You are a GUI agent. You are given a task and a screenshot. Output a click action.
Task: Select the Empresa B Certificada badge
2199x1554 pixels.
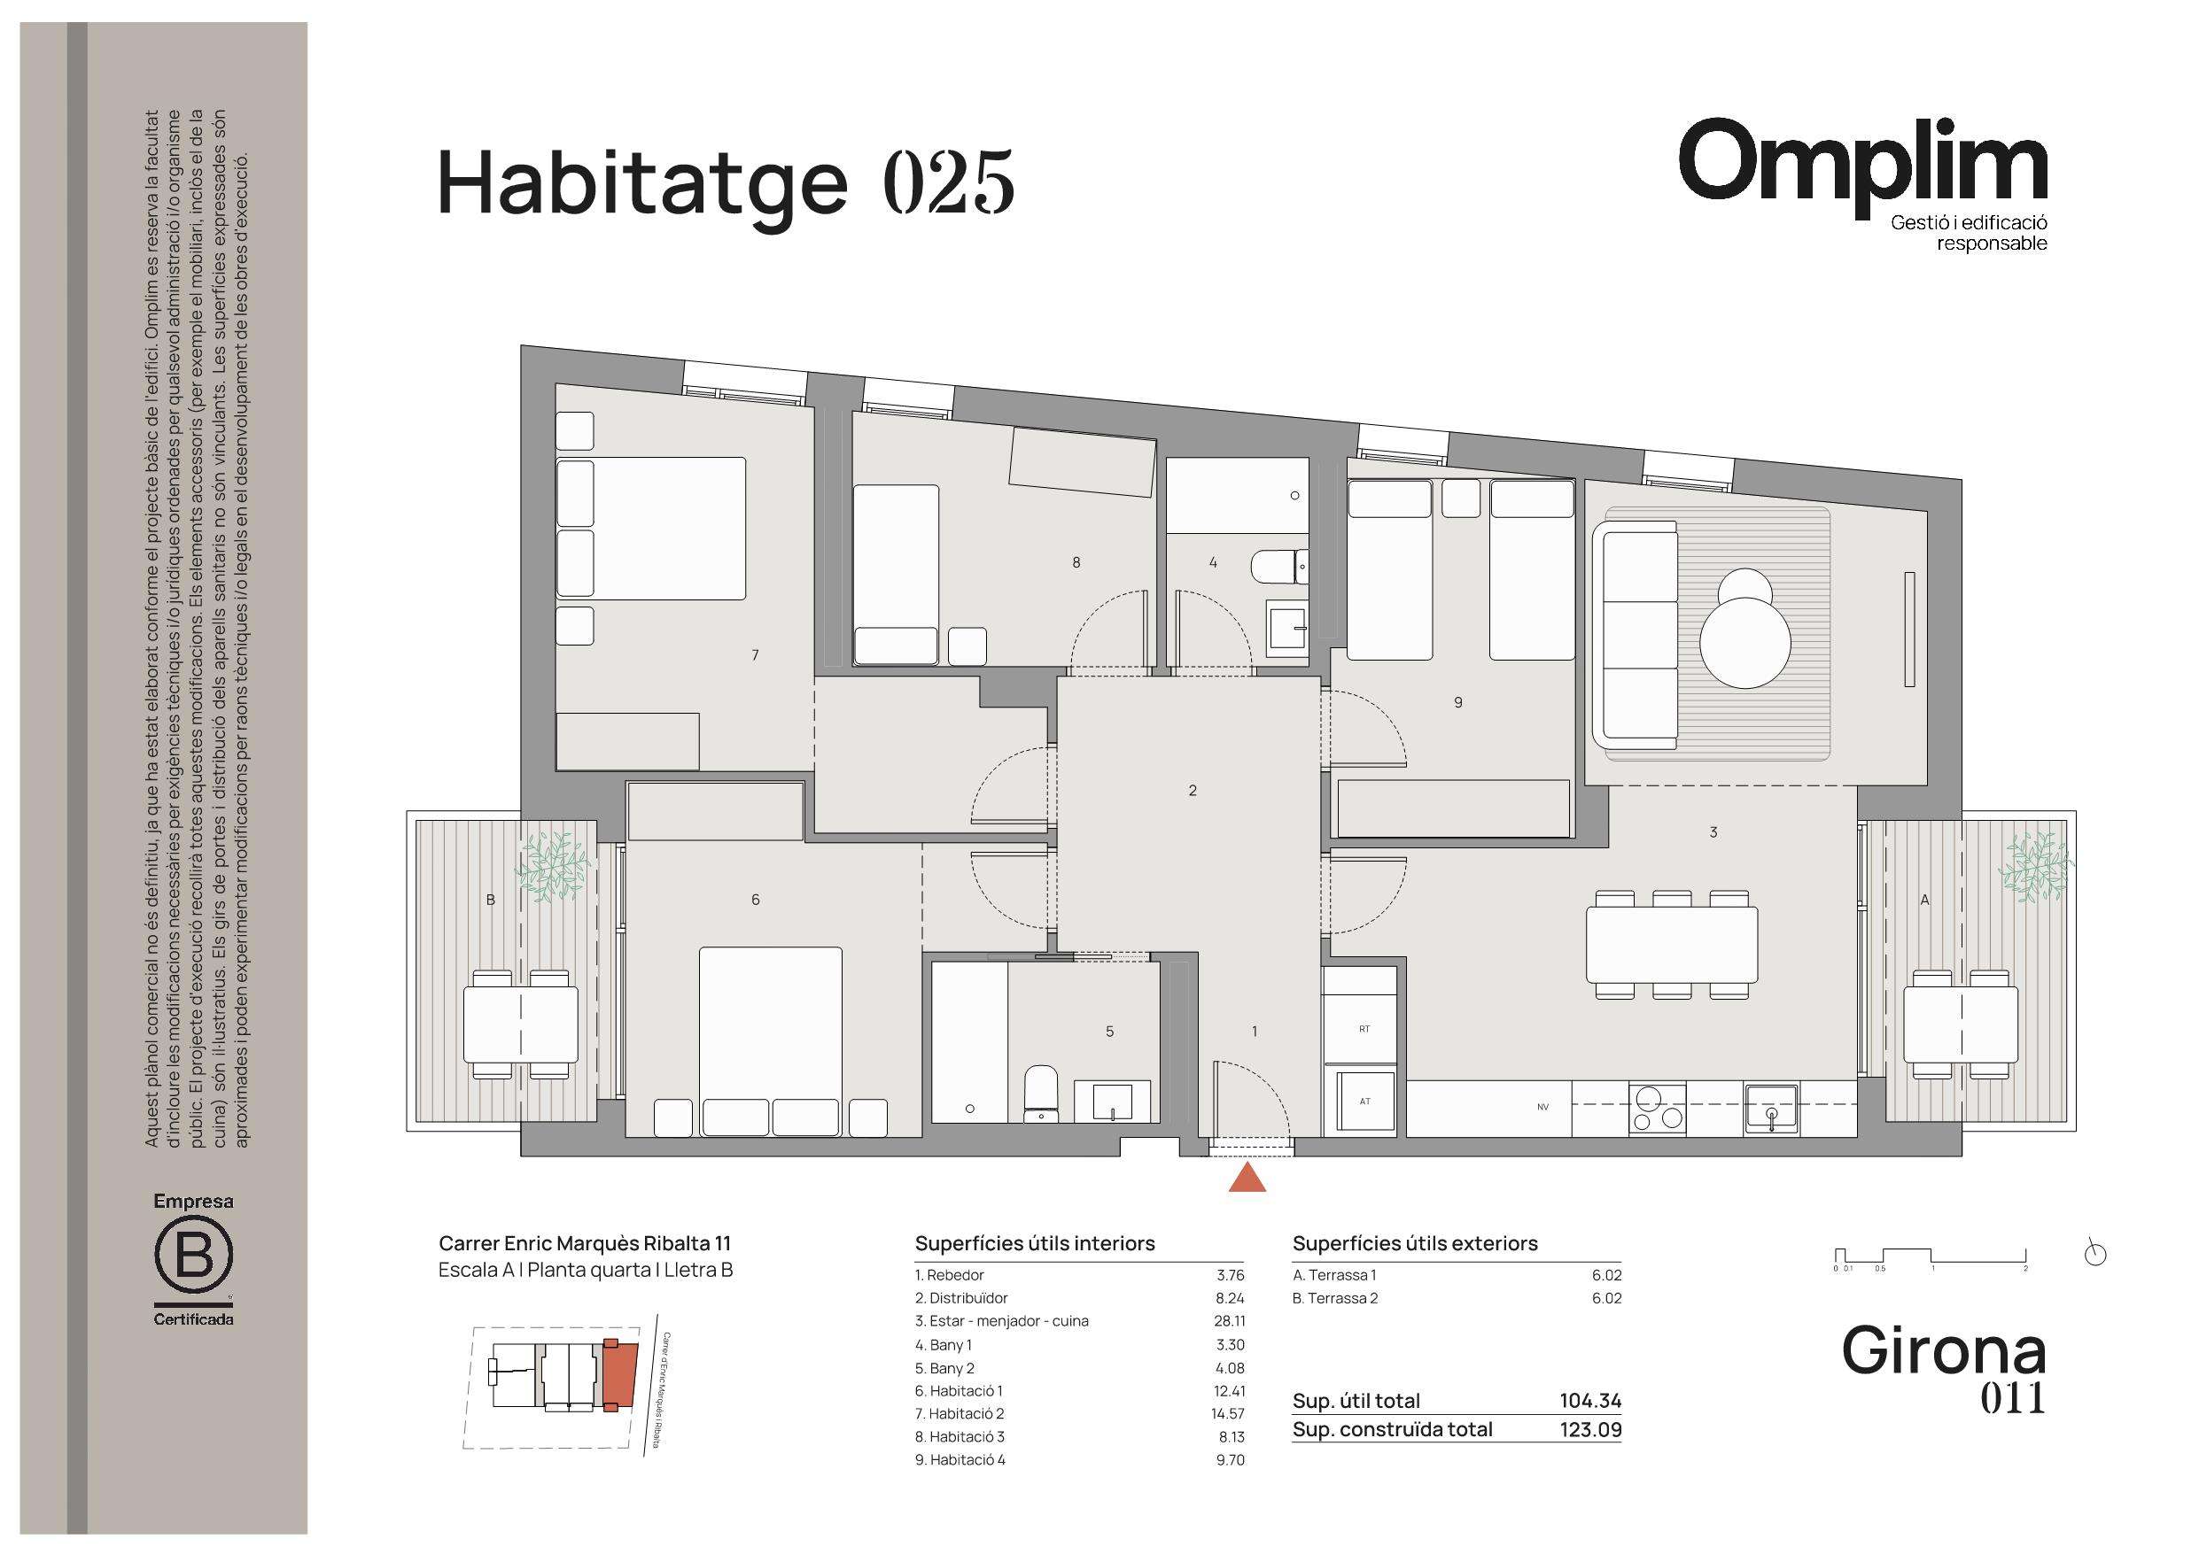(x=193, y=1259)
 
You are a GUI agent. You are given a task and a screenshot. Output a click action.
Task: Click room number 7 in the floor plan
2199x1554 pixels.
(x=756, y=655)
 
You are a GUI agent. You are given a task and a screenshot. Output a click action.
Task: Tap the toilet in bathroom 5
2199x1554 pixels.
(x=1040, y=1094)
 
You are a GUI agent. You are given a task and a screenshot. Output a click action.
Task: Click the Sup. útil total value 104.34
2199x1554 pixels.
(x=1589, y=1401)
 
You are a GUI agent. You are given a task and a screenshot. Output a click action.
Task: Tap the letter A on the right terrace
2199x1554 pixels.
(x=1924, y=899)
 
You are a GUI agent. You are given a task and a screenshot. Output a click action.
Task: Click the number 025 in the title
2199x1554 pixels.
(x=947, y=182)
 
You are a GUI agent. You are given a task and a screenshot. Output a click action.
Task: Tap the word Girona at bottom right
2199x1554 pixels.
(x=1943, y=1350)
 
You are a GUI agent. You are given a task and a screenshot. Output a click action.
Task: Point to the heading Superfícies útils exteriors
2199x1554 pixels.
(x=1415, y=1243)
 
